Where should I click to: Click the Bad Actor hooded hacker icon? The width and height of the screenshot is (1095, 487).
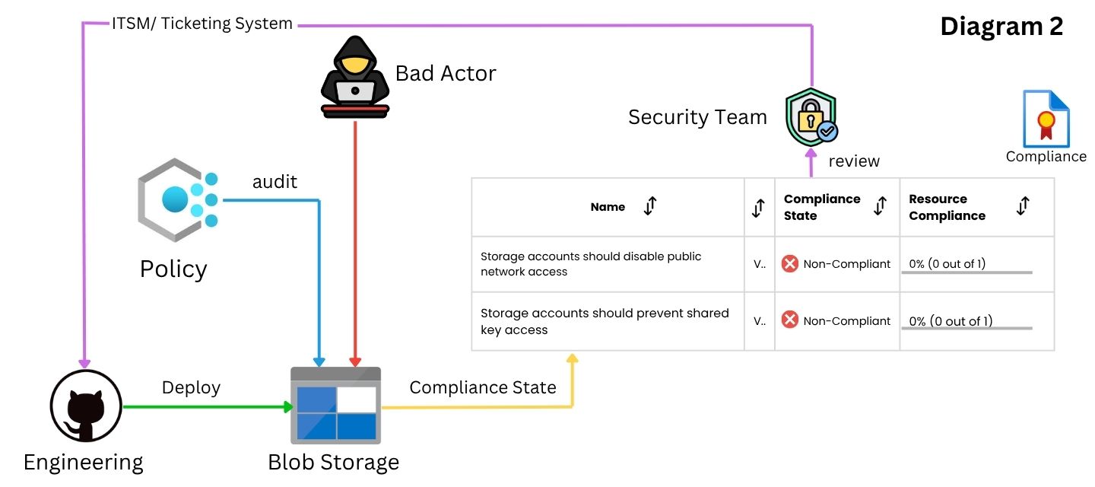coord(355,77)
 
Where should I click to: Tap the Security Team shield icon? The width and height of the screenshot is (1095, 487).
coord(811,117)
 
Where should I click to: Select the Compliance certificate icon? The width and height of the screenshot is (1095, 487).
coord(1046,119)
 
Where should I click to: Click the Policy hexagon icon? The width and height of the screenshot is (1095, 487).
coord(178,199)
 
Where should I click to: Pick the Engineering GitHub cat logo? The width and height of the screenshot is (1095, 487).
coord(86,406)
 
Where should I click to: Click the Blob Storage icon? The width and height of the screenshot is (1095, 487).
coord(335,406)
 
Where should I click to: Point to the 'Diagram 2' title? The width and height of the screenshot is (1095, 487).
coord(1001,26)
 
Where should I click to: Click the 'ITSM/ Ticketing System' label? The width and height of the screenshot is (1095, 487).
coord(202,24)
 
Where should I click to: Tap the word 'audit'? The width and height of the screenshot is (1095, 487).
coord(275,182)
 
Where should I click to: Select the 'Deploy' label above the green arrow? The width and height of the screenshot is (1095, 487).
coord(191,388)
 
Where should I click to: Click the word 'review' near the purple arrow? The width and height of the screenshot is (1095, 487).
coord(854,161)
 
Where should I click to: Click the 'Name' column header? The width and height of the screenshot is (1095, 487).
coord(608,207)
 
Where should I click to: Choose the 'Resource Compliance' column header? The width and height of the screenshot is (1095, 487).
coord(947,207)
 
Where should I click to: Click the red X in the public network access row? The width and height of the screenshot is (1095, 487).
coord(789,263)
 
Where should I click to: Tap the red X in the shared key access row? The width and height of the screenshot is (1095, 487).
coord(789,320)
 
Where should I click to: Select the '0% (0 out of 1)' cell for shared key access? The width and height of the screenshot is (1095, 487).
coord(951,321)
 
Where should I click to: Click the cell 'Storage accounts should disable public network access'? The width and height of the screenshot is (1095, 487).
coord(591,264)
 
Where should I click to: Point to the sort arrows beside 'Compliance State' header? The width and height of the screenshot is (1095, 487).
coord(881,206)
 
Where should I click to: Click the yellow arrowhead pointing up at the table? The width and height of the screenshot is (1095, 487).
coord(573,358)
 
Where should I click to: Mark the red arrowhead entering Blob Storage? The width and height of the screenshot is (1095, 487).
coord(355,362)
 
